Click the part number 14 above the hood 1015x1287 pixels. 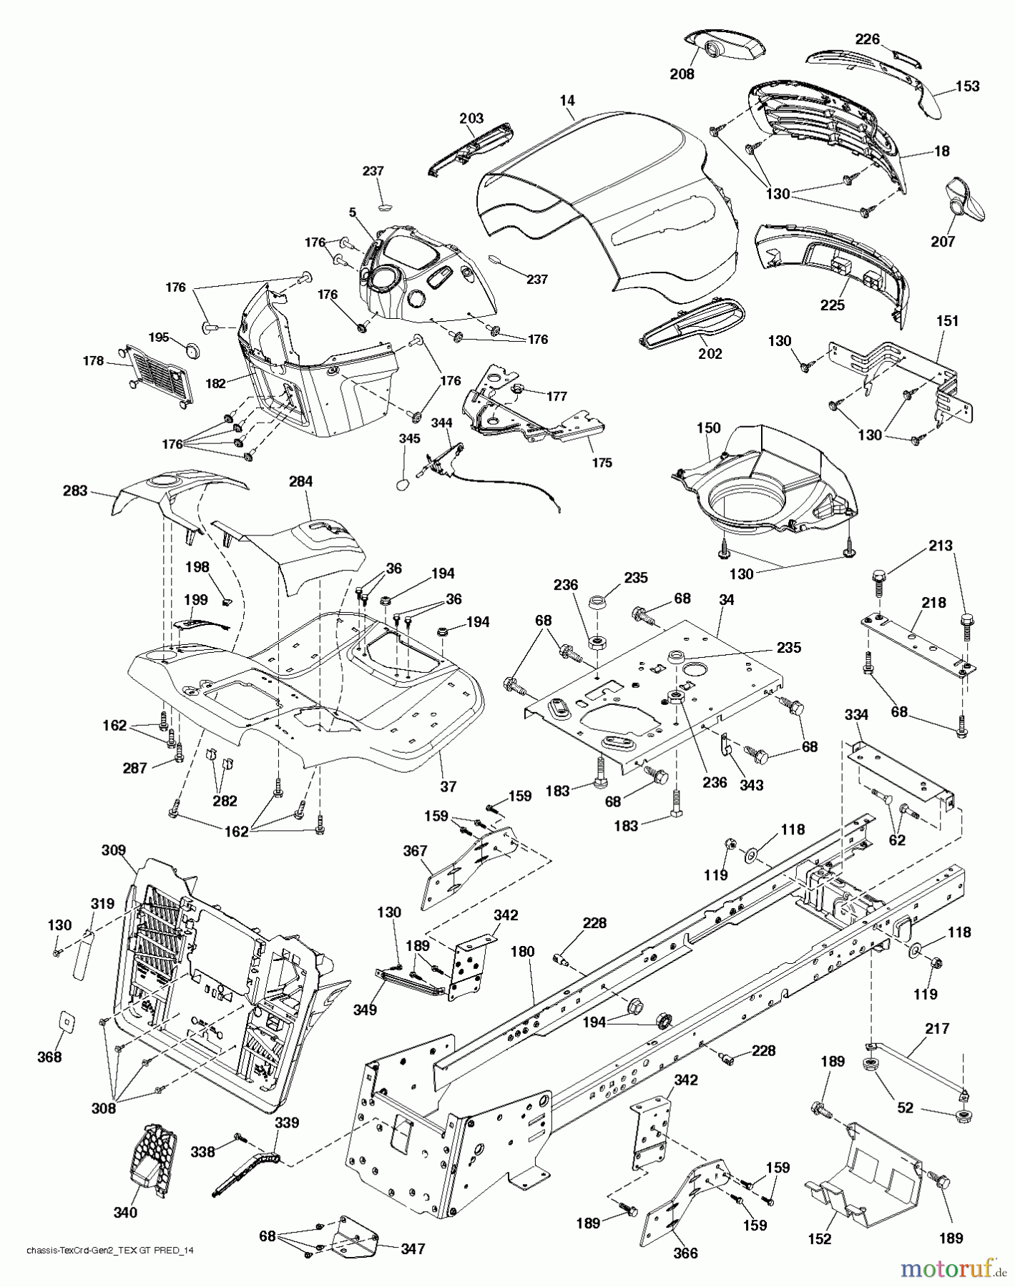click(x=567, y=101)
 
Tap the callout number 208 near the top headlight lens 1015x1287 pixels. click(x=682, y=73)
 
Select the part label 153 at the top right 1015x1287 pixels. click(x=967, y=86)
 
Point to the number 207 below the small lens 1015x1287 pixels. click(x=943, y=242)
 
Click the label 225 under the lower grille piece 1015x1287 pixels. click(x=832, y=305)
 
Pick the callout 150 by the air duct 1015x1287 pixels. click(x=708, y=428)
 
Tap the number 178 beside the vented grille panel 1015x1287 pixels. click(x=94, y=362)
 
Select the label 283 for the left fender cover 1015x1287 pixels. click(x=74, y=490)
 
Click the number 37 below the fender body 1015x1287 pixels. click(x=448, y=786)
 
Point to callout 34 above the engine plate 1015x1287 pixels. click(x=726, y=600)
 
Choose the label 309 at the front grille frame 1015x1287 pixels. click(x=114, y=850)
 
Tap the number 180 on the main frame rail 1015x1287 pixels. click(x=522, y=952)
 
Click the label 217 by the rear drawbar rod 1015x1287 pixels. click(x=936, y=1028)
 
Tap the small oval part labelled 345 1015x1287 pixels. click(x=403, y=485)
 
